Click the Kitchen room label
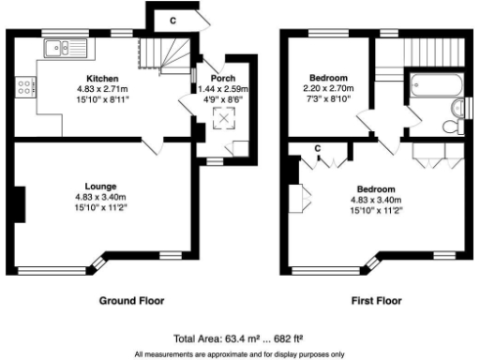(x=102, y=78)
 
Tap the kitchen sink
(x=67, y=43)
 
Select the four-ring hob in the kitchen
(x=22, y=89)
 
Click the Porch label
(x=224, y=78)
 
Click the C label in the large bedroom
(x=318, y=148)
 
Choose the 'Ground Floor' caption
(x=132, y=301)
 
